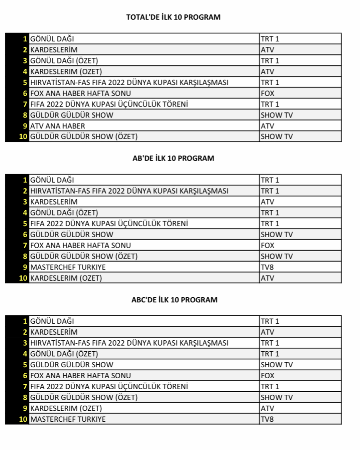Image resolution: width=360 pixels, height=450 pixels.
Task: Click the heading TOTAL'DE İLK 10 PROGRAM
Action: click(173, 17)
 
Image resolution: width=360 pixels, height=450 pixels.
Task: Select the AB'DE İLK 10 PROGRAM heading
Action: click(173, 158)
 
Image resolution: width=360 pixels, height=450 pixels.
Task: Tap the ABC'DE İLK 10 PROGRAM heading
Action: click(174, 300)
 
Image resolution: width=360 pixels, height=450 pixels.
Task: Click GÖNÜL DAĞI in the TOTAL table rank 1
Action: click(52, 39)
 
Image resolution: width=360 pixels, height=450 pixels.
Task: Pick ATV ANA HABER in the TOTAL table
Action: click(57, 126)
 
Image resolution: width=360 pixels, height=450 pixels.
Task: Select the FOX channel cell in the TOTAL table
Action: click(267, 93)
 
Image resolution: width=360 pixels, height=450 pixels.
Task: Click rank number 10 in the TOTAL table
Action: click(23, 137)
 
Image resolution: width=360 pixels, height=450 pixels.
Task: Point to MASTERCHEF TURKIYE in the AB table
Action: click(68, 267)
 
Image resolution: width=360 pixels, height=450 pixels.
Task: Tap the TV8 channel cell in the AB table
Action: click(267, 267)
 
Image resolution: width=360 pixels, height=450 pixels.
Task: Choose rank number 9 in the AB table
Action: click(25, 267)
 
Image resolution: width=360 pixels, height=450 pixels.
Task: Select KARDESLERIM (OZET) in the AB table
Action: click(66, 278)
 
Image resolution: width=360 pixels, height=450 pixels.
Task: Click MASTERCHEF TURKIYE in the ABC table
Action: click(68, 419)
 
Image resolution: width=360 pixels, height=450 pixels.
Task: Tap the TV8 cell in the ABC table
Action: click(267, 419)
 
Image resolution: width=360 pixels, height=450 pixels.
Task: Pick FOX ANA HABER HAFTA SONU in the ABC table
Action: click(80, 376)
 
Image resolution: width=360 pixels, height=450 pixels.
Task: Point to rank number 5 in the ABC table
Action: click(25, 365)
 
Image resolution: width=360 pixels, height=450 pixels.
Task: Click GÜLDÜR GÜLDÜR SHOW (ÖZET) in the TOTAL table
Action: click(84, 137)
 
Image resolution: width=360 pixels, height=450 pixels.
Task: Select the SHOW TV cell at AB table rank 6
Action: click(277, 235)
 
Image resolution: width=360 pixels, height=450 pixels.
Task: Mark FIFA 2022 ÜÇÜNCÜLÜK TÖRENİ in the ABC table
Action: click(109, 386)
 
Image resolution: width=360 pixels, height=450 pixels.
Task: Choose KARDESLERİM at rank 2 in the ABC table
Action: click(53, 332)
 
